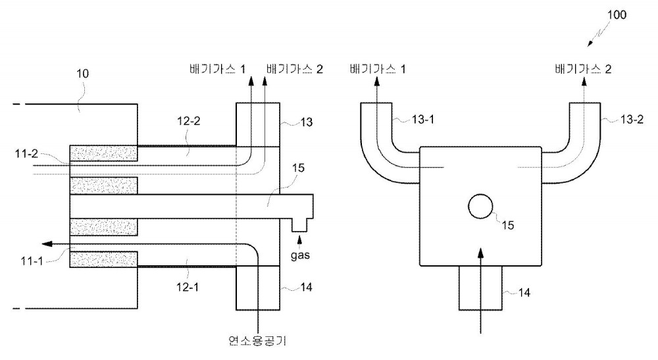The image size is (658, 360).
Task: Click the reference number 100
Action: [617, 14]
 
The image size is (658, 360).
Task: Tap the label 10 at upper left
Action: [83, 74]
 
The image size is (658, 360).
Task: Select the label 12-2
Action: [189, 121]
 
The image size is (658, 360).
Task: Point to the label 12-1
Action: [187, 288]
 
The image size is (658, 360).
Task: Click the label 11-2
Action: [26, 154]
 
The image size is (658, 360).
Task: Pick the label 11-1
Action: [32, 261]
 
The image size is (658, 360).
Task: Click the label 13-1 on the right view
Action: [423, 120]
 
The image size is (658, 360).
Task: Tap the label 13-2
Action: [632, 120]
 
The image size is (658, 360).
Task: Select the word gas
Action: [301, 255]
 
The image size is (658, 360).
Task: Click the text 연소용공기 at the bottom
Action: [258, 340]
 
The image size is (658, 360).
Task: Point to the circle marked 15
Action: [480, 207]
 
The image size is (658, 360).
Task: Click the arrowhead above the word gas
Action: [299, 240]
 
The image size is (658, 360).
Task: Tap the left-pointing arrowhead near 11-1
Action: [47, 244]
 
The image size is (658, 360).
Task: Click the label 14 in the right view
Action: [524, 292]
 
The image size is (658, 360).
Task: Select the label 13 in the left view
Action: [307, 122]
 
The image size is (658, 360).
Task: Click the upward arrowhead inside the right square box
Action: [481, 253]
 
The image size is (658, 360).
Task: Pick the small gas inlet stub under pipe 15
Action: [299, 225]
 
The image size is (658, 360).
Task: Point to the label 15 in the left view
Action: [298, 168]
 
